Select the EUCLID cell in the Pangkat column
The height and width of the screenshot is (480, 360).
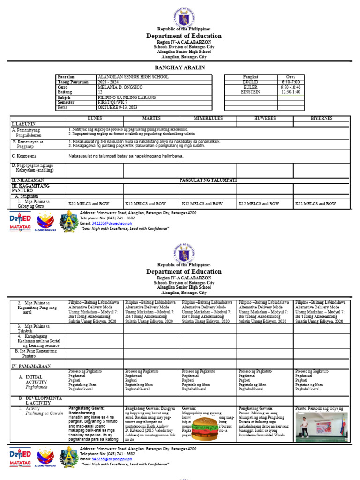(250, 82)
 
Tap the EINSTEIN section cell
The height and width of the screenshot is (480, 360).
(250, 92)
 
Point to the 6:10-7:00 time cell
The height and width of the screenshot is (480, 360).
(291, 82)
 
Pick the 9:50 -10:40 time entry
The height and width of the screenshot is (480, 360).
(291, 87)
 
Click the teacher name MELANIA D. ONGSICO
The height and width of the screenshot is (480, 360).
(120, 87)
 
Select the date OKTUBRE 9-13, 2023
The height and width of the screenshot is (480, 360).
(117, 107)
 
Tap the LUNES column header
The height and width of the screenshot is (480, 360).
(95, 119)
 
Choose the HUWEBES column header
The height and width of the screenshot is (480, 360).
(264, 119)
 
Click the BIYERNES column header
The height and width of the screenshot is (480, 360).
(321, 119)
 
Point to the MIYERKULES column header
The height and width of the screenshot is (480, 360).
(208, 119)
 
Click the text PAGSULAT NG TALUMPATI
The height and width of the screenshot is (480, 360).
(209, 180)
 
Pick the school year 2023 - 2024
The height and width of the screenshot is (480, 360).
(108, 82)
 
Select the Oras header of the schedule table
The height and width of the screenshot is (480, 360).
(291, 76)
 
